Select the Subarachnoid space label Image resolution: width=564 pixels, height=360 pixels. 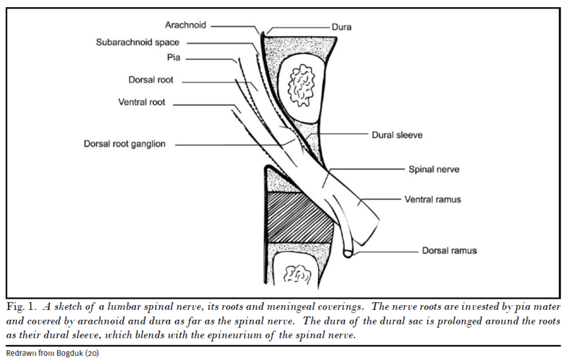[x=137, y=42]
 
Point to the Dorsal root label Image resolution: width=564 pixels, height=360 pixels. [x=151, y=80]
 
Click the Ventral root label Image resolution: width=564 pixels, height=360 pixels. [x=142, y=103]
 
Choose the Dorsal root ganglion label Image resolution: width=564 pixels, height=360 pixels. [x=124, y=144]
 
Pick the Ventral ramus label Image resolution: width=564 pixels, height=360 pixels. [x=432, y=199]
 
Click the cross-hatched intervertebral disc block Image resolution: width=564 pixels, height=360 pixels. [x=300, y=218]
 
